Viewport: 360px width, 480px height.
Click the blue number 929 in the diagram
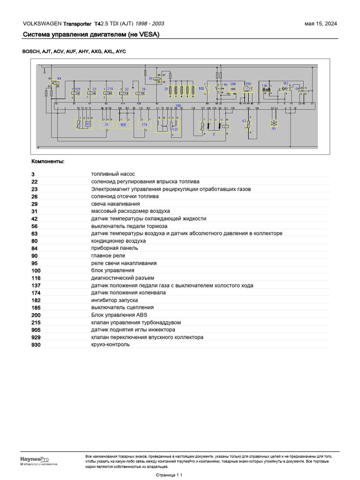pyautogui.click(x=78, y=89)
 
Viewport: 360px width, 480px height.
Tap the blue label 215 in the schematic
pyautogui.click(x=110, y=89)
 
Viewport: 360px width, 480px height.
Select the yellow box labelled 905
pyautogui.click(x=124, y=125)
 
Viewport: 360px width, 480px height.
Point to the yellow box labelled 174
pyautogui.click(x=144, y=125)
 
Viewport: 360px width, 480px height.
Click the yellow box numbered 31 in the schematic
pyautogui.click(x=107, y=125)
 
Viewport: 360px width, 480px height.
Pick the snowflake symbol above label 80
pyautogui.click(x=274, y=123)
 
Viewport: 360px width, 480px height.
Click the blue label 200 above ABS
pyautogui.click(x=233, y=84)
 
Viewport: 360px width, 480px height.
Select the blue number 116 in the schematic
pyautogui.click(x=264, y=85)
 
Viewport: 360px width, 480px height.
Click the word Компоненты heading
pyautogui.click(x=48, y=162)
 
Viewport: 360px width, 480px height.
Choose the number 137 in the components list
pyautogui.click(x=36, y=285)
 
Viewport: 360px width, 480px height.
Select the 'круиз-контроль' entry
pyautogui.click(x=111, y=345)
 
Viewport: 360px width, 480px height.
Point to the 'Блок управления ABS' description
pyautogui.click(x=119, y=315)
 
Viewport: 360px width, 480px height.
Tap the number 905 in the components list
pyautogui.click(x=36, y=330)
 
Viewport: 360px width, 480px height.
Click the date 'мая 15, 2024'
pyautogui.click(x=321, y=24)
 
